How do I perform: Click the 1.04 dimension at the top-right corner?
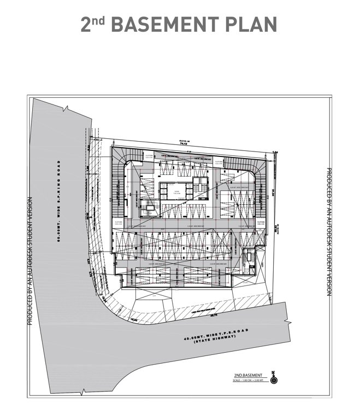click(x=276, y=151)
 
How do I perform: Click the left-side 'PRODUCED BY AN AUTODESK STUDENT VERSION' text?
click(x=31, y=261)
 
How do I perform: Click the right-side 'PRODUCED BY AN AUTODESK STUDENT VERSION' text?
click(x=329, y=232)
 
